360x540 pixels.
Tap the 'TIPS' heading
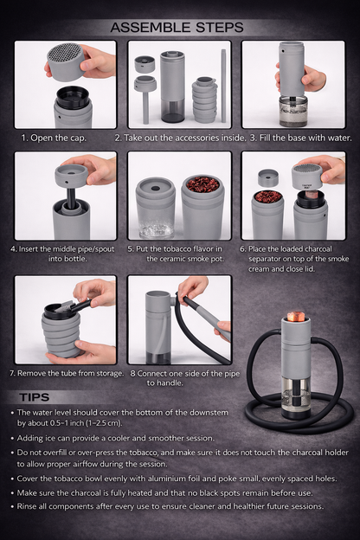tap(38, 397)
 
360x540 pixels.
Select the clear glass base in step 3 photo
tap(292, 110)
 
